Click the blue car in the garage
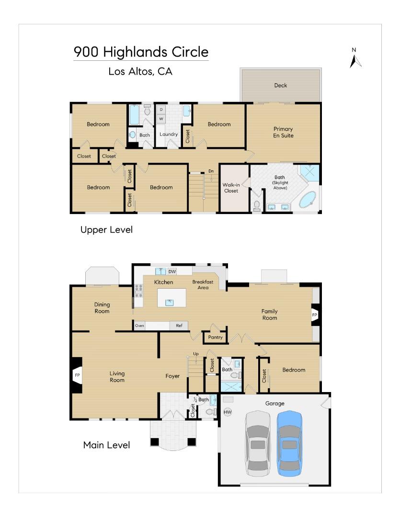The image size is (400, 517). pos(289,443)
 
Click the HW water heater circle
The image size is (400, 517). pos(228,412)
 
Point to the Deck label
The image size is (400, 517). pos(280,86)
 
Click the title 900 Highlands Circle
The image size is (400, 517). pos(141,52)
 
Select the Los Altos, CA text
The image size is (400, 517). pos(140,72)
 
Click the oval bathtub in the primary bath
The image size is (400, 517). pos(308,200)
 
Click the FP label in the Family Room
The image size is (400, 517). pos(315,315)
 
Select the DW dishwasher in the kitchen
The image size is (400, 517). pos(172,272)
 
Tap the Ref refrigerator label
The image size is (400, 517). pos(179,326)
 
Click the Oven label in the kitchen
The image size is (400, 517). pos(139,326)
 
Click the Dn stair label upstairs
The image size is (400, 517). pos(211,171)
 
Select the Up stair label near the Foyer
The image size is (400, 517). pos(195,354)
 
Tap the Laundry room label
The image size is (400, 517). pos(169,135)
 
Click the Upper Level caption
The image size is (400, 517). pos(106,230)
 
